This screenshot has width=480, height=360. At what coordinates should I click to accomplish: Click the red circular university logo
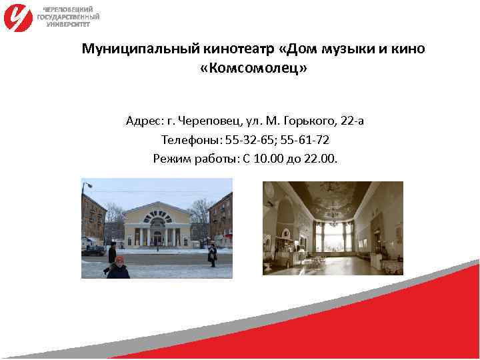(18, 17)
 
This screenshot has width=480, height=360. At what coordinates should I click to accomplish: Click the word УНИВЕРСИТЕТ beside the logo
(68, 23)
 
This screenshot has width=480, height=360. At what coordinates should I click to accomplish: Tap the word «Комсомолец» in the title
(253, 69)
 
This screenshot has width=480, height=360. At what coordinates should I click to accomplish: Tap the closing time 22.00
(321, 159)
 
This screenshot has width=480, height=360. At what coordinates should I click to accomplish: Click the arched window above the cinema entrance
(157, 217)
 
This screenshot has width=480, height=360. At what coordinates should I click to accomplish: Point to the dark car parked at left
(93, 250)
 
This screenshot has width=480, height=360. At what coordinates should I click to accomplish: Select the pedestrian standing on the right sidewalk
(212, 253)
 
